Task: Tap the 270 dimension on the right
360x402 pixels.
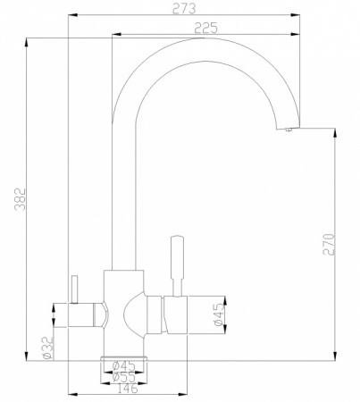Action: [x=328, y=243]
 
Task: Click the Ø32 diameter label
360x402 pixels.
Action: [x=45, y=347]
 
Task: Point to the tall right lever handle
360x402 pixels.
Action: [x=176, y=259]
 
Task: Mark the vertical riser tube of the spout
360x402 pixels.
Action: [x=121, y=197]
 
